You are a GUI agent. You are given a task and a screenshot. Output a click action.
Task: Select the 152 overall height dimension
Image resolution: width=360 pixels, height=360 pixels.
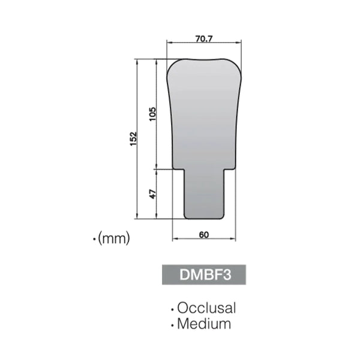pyautogui.click(x=134, y=139)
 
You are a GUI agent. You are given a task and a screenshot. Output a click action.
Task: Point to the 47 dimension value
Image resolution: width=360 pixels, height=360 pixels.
pyautogui.click(x=152, y=194)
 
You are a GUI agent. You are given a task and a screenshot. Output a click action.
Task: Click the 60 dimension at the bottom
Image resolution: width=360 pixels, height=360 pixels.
pyautogui.click(x=203, y=235)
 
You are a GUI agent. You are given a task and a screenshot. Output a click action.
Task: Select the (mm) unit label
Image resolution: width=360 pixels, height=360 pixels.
pyautogui.click(x=114, y=239)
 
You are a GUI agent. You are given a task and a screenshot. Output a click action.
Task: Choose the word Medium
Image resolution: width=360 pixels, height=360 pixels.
pyautogui.click(x=204, y=325)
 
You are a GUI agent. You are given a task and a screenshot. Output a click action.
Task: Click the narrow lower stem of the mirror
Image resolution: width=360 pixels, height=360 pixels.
pyautogui.click(x=204, y=195)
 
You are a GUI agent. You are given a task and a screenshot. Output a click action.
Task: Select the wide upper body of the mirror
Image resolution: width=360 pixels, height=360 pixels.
pyautogui.click(x=203, y=114)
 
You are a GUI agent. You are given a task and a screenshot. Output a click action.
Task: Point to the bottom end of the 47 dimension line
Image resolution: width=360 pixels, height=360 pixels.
pyautogui.click(x=158, y=220)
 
